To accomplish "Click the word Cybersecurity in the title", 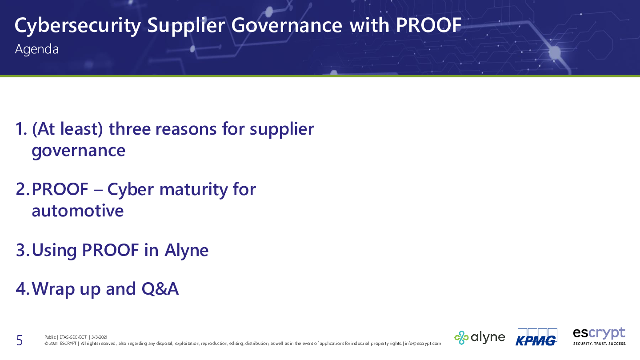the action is point(78,26).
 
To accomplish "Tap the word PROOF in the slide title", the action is point(429,25).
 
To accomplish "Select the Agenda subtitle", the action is point(37,49).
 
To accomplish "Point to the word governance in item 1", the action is point(79,151).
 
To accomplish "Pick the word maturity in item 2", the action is point(193,190).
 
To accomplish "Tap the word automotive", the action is point(78,211).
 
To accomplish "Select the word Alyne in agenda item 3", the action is point(187,251).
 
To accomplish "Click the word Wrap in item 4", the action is point(53,289).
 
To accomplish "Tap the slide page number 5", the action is point(20,340).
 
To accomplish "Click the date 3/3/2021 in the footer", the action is point(100,337).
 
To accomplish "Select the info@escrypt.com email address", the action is point(423,344).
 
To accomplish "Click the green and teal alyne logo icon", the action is point(461,338).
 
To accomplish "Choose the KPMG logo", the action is point(536,337).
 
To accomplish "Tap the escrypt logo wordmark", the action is point(599,333).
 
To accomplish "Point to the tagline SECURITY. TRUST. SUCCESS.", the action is point(600,344).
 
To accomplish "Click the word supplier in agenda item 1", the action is point(282,130).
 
